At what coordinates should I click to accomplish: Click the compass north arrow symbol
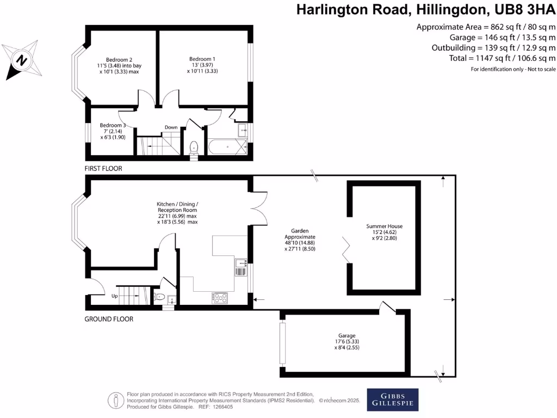20,60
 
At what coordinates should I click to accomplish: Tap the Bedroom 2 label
119,59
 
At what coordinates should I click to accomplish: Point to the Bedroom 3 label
113,125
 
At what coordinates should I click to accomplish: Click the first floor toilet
194,147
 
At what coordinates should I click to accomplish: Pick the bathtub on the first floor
228,147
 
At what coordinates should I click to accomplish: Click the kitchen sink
241,267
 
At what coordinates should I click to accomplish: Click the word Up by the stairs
115,296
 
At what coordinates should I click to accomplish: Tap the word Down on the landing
171,127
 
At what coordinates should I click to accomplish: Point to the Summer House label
384,226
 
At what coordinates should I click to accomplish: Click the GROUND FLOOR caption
109,319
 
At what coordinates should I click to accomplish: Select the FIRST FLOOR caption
103,169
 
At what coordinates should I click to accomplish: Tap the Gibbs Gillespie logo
393,399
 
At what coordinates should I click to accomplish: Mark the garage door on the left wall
282,343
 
